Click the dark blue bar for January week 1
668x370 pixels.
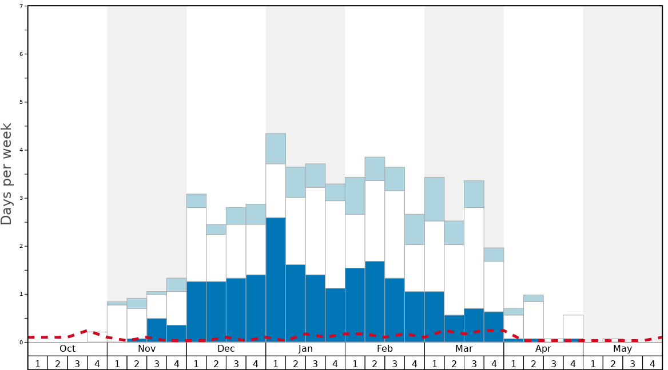tap(276, 280)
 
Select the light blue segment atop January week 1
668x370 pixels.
tap(276, 148)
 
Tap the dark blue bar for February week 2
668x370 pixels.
tap(375, 301)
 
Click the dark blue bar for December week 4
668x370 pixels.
tap(256, 308)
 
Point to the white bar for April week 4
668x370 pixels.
tap(573, 327)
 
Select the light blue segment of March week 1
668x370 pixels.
tap(434, 199)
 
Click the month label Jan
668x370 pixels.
tap(305, 349)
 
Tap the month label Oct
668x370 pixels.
tap(67, 349)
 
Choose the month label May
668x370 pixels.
tap(623, 349)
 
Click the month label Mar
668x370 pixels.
tap(464, 349)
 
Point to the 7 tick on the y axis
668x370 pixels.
tap(21, 6)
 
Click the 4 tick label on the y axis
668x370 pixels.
tap(21, 150)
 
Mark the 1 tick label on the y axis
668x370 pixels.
tap(21, 294)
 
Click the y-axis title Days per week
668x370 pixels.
tap(7, 174)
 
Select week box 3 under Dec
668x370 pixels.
tap(236, 363)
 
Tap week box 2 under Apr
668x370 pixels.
tap(534, 363)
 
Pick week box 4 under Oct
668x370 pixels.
tap(97, 363)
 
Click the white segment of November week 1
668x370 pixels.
tap(117, 323)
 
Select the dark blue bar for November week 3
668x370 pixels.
tap(157, 330)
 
